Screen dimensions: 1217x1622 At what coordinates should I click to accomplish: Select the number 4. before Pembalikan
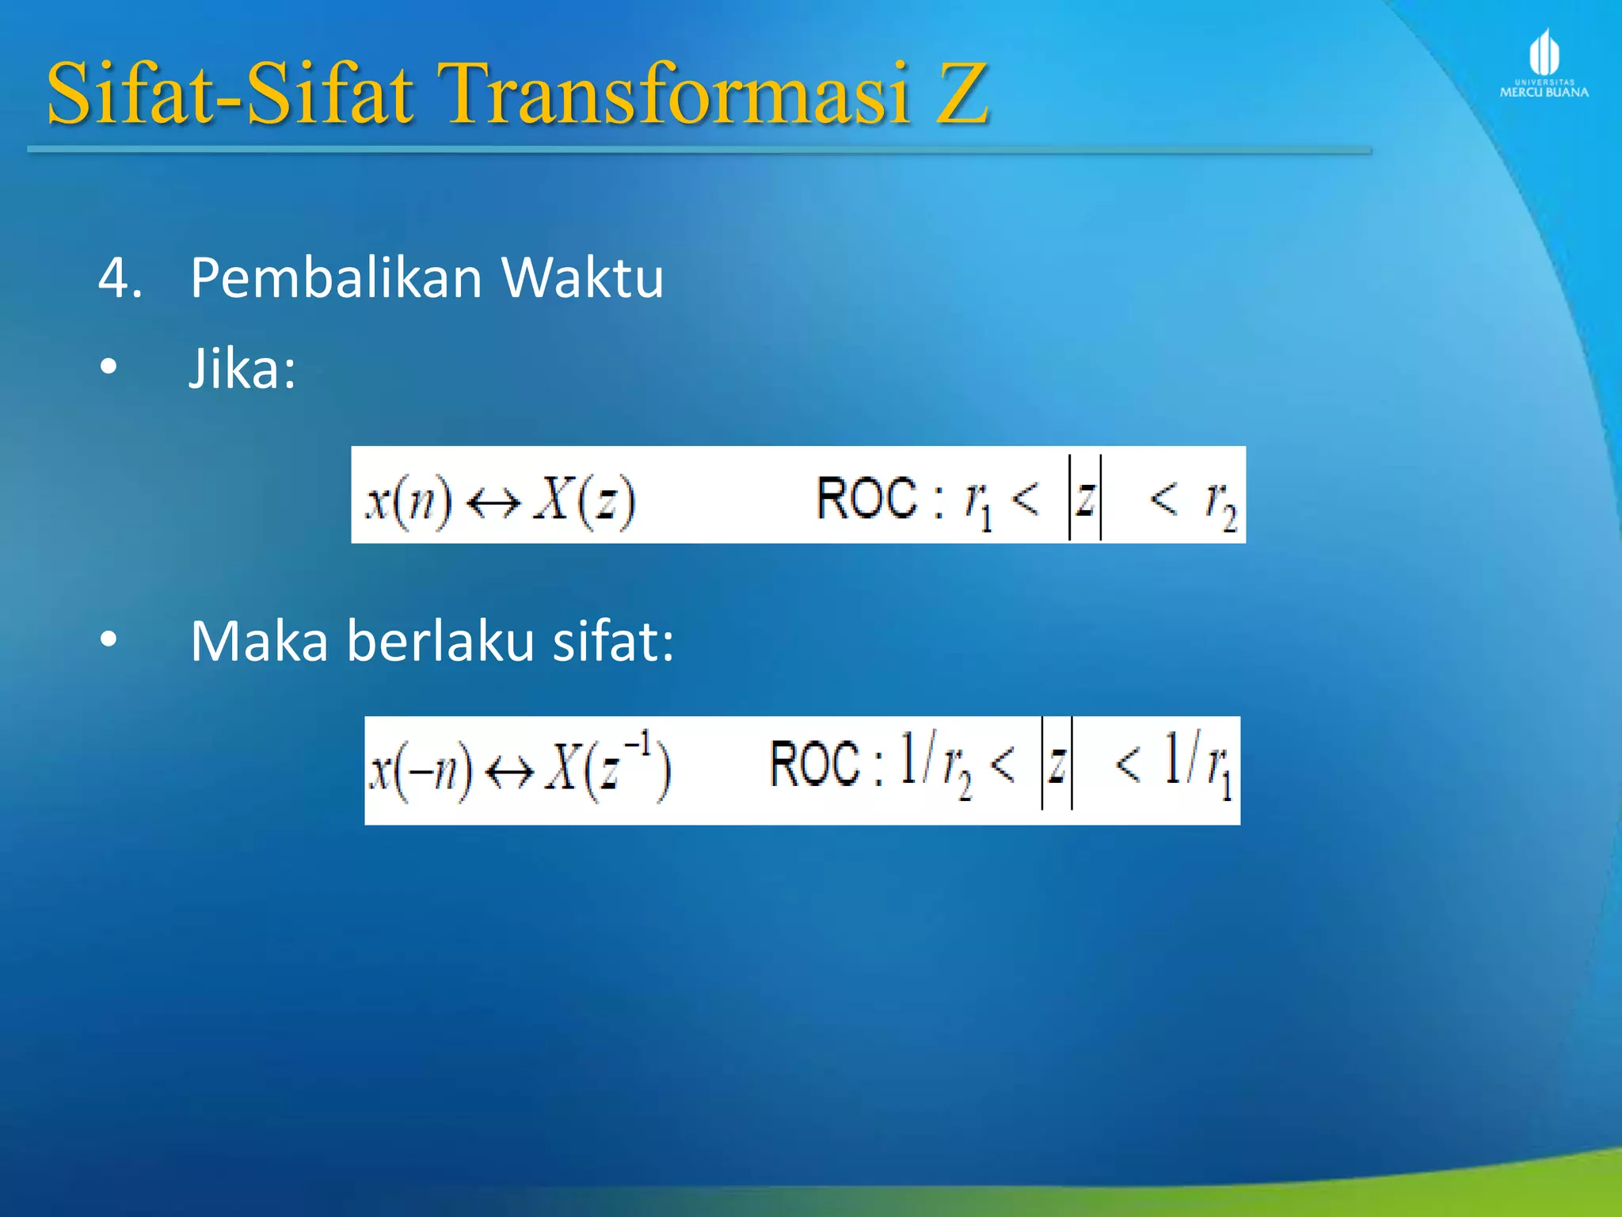click(x=120, y=279)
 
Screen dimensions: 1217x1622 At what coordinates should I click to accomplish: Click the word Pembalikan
click(x=336, y=279)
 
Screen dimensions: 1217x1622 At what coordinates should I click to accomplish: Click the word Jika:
click(x=242, y=370)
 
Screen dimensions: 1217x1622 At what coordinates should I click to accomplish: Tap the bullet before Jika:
click(x=109, y=367)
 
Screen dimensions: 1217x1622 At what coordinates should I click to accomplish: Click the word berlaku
click(x=440, y=642)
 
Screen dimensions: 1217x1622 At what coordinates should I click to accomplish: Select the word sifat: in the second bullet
click(x=613, y=642)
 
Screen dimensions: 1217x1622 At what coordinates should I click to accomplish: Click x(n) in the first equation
click(x=408, y=501)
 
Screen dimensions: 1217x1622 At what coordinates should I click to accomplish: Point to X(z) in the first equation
click(x=584, y=501)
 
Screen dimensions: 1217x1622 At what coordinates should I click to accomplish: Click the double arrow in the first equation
click(x=493, y=502)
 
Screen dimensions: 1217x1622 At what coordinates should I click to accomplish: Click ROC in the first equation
click(x=866, y=499)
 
